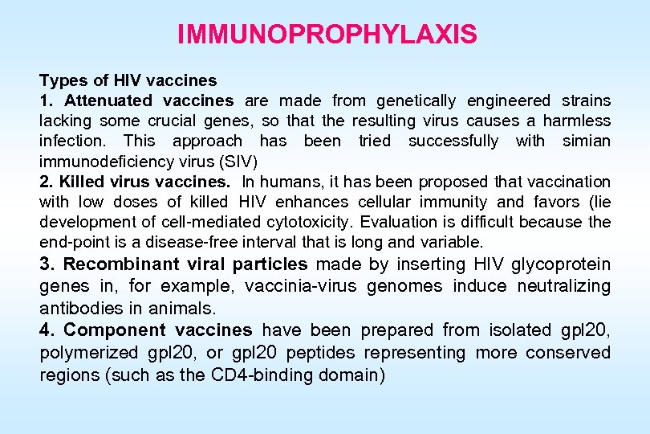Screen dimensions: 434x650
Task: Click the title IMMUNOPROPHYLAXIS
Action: click(327, 35)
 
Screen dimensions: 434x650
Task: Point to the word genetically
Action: click(417, 100)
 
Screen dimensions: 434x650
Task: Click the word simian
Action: click(585, 141)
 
